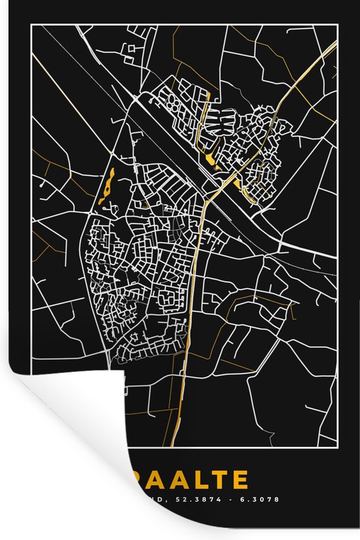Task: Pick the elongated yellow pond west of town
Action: click(x=106, y=185)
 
